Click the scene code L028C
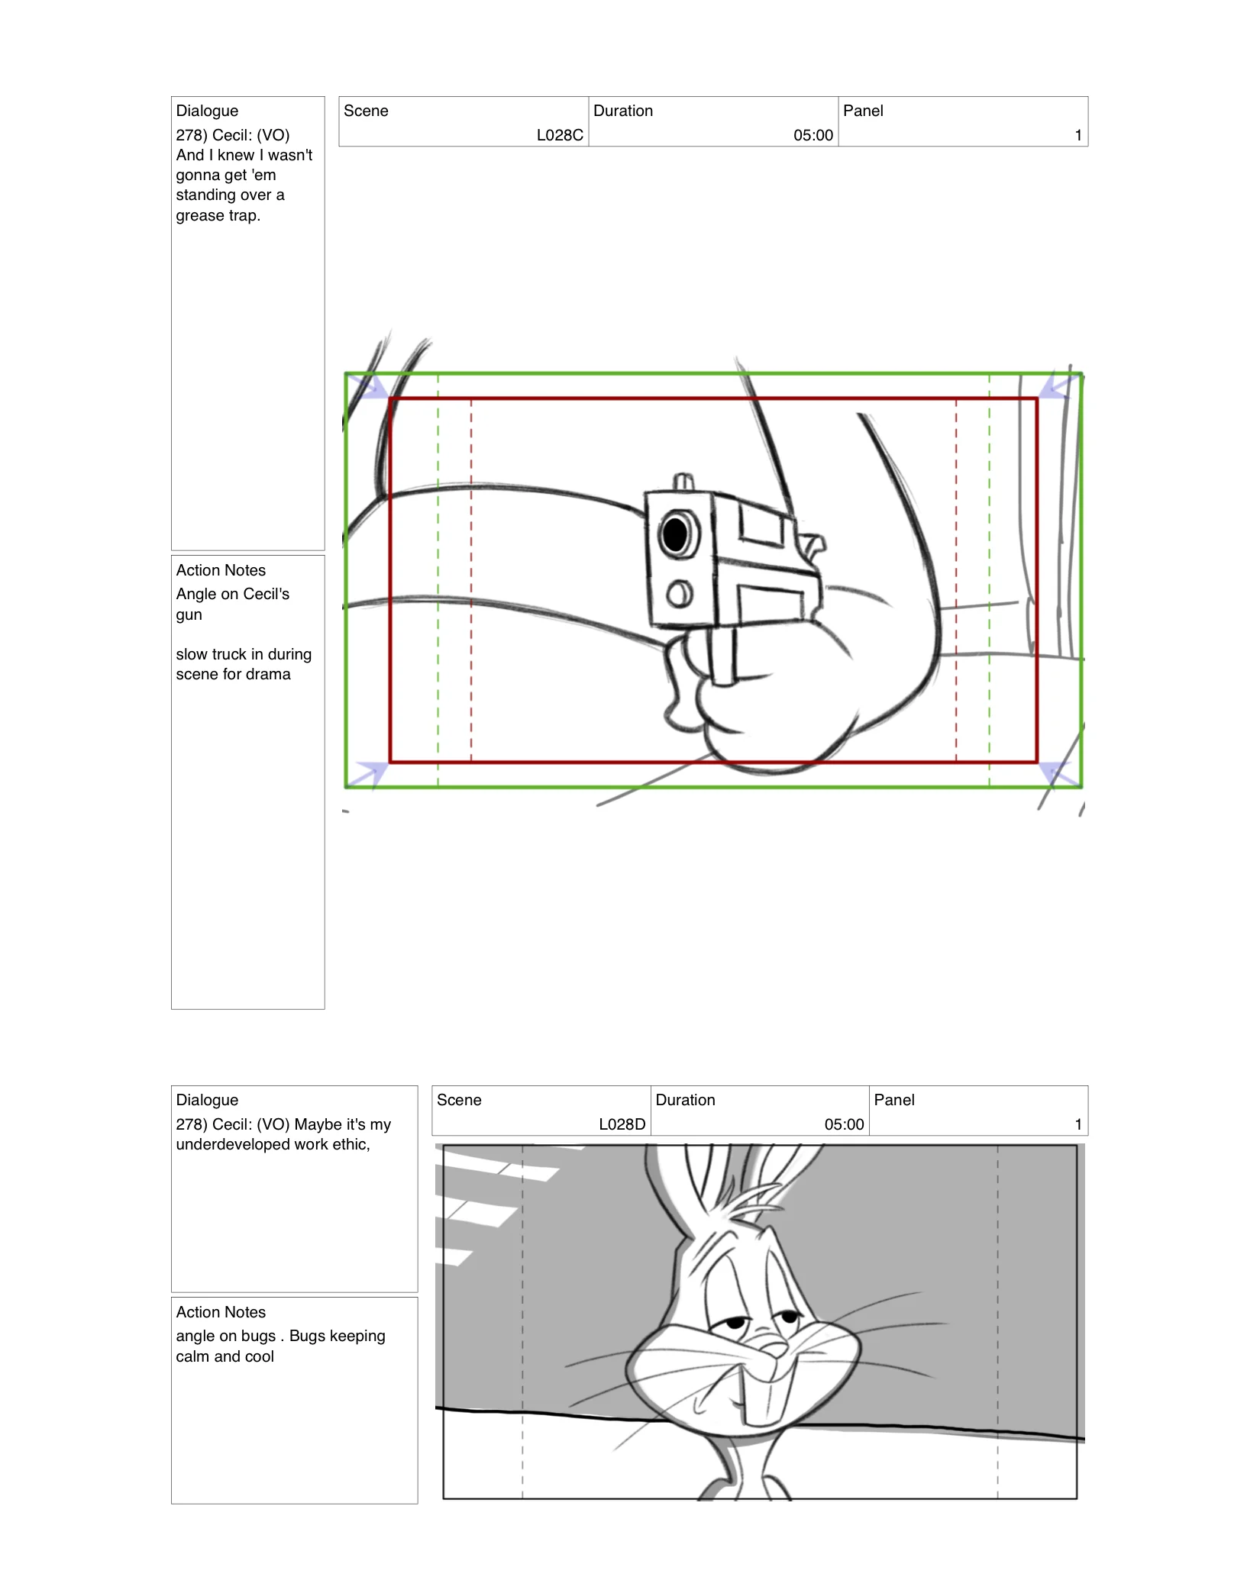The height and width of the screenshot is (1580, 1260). tap(560, 135)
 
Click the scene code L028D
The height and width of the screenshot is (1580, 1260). tap(622, 1124)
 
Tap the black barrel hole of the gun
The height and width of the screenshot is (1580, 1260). tap(675, 534)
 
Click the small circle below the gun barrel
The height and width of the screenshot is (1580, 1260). tap(679, 593)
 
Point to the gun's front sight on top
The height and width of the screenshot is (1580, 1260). tap(683, 482)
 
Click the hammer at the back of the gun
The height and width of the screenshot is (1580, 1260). tap(813, 544)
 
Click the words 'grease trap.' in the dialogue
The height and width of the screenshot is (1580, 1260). tap(218, 215)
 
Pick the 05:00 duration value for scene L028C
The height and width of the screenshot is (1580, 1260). tap(813, 135)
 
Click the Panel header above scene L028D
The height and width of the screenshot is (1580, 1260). tap(893, 1100)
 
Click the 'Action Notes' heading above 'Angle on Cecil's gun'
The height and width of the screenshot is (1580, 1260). tap(221, 570)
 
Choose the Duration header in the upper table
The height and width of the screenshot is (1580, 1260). tap(622, 111)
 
